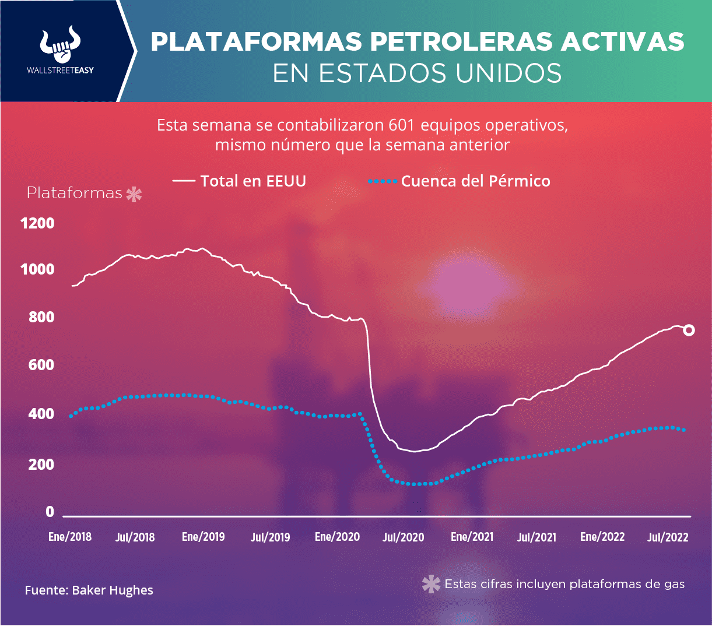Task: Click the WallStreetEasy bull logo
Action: [60, 45]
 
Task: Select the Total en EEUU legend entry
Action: [240, 181]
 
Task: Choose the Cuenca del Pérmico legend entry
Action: [460, 181]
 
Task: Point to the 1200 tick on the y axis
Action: [37, 223]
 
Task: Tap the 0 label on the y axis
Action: [50, 512]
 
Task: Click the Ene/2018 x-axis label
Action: [70, 537]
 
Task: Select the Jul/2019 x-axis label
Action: [270, 537]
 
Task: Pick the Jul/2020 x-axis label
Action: [403, 537]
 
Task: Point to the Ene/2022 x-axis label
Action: [602, 537]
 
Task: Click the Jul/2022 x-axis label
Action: [668, 537]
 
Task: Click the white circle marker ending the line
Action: [689, 330]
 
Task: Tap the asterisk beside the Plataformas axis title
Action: [134, 194]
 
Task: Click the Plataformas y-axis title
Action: [75, 193]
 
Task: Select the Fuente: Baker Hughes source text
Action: [89, 590]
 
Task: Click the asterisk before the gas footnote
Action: [431, 584]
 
